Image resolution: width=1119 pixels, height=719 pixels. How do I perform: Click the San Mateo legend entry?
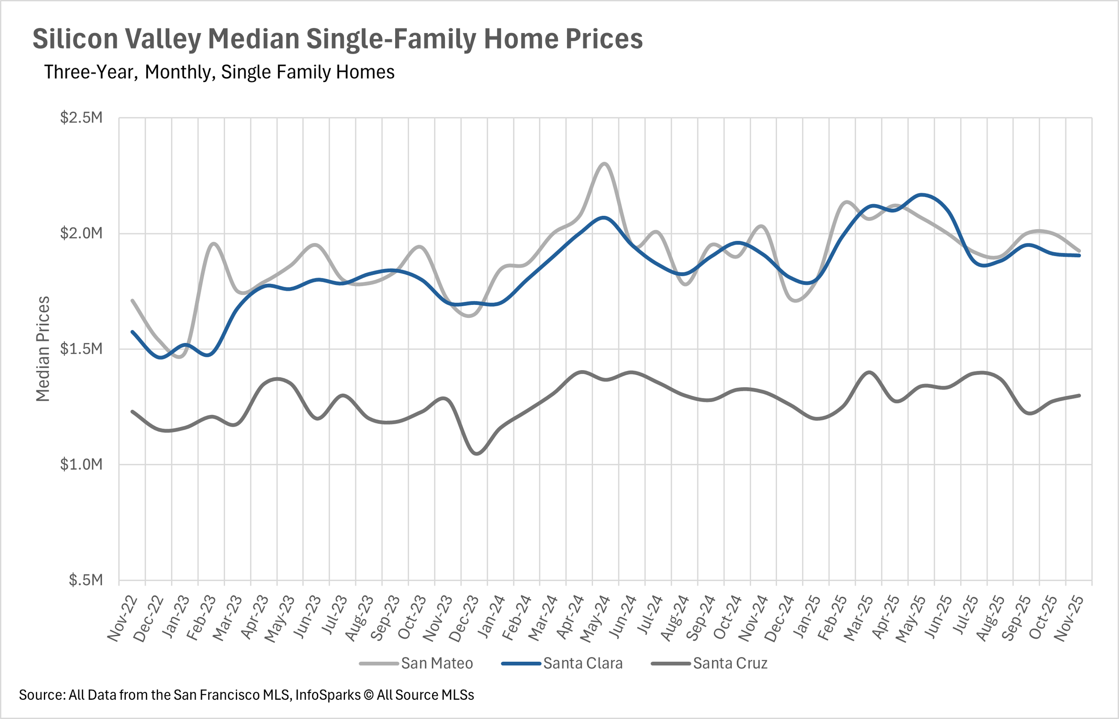point(416,663)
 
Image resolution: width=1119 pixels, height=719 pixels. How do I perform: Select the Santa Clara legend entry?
point(562,663)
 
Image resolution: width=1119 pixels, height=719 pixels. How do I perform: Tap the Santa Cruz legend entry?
point(709,663)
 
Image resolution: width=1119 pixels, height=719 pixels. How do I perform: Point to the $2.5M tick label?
point(81,118)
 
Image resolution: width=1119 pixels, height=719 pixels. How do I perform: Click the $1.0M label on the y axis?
point(81,465)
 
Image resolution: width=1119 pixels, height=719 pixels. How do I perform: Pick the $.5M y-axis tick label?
point(85,580)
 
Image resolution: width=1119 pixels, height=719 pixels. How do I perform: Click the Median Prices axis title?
point(43,349)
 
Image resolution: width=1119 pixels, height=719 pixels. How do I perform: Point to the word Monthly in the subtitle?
point(180,73)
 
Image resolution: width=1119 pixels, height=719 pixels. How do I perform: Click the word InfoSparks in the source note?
point(328,695)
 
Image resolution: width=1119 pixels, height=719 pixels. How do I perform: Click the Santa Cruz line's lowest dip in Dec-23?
point(476,454)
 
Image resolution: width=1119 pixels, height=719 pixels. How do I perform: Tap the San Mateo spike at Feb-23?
point(214,243)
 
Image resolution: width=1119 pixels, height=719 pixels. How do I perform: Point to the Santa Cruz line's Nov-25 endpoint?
point(1079,395)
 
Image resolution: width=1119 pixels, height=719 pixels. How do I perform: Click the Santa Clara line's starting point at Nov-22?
point(132,332)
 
